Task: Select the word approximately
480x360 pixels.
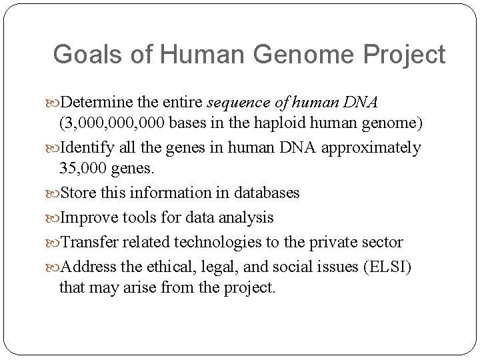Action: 371,147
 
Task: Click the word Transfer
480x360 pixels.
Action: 89,243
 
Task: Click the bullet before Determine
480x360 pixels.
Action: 53,103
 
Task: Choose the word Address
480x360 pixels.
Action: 87,267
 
